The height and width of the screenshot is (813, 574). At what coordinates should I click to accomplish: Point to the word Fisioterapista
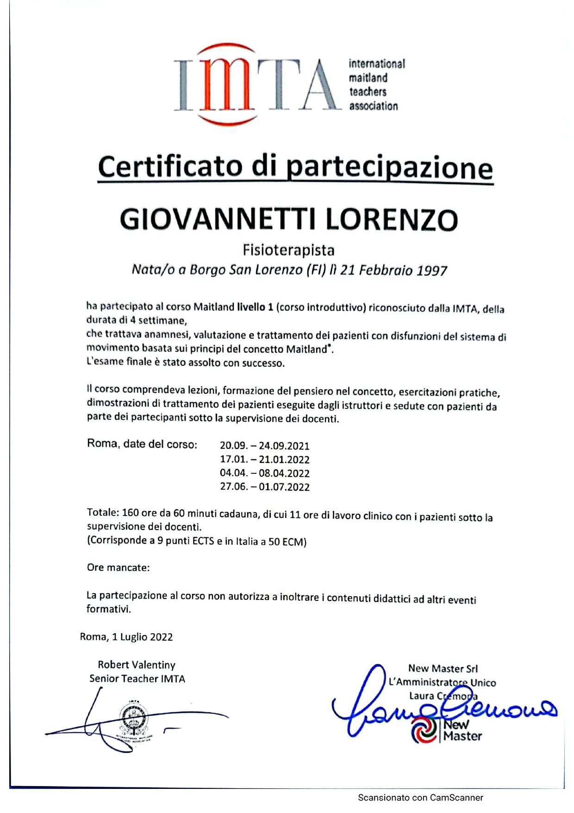[x=288, y=250]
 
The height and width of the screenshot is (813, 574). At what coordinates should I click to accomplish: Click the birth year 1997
[x=431, y=271]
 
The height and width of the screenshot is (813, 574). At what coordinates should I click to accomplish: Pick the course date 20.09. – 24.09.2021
[x=264, y=446]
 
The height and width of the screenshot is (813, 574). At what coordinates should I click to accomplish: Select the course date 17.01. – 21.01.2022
[x=264, y=460]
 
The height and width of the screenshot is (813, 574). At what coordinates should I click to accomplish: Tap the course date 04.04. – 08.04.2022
[x=264, y=473]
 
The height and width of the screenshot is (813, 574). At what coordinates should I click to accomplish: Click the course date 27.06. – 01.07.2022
[x=264, y=487]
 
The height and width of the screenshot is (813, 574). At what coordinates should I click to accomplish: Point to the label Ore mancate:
[x=118, y=567]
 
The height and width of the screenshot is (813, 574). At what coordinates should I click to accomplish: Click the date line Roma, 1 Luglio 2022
[x=126, y=637]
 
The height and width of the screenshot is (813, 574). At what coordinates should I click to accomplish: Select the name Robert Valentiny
[x=137, y=665]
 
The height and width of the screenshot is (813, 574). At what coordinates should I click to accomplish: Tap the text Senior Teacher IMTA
[x=137, y=679]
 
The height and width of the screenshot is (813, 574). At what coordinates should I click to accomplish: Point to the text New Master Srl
[x=443, y=668]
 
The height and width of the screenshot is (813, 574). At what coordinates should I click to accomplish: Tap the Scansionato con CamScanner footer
[x=420, y=798]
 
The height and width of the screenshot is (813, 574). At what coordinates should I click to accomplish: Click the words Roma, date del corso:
[x=142, y=444]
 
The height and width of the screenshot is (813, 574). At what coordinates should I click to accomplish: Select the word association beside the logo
[x=373, y=106]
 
